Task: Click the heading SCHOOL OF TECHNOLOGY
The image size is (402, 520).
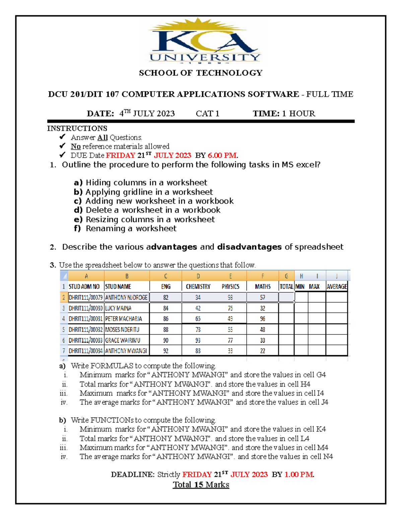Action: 201,73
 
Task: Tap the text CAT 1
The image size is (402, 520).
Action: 207,114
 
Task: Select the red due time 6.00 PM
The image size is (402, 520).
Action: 222,155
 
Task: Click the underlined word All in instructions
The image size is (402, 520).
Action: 102,138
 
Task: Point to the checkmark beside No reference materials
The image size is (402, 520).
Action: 62,146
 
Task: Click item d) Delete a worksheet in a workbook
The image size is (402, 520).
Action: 147,210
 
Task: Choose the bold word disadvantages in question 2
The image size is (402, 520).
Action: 249,247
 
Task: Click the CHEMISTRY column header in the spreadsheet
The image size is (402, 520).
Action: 198,287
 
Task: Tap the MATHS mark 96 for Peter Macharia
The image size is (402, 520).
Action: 262,319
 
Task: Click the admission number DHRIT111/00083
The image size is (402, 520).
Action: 85,340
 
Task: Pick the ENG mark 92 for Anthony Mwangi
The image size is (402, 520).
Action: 166,351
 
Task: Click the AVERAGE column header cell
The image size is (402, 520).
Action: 337,287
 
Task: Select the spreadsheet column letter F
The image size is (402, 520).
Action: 262,276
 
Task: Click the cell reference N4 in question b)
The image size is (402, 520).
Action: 328,457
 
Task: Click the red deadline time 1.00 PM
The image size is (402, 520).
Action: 299,474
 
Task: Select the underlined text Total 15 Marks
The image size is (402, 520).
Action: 201,485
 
